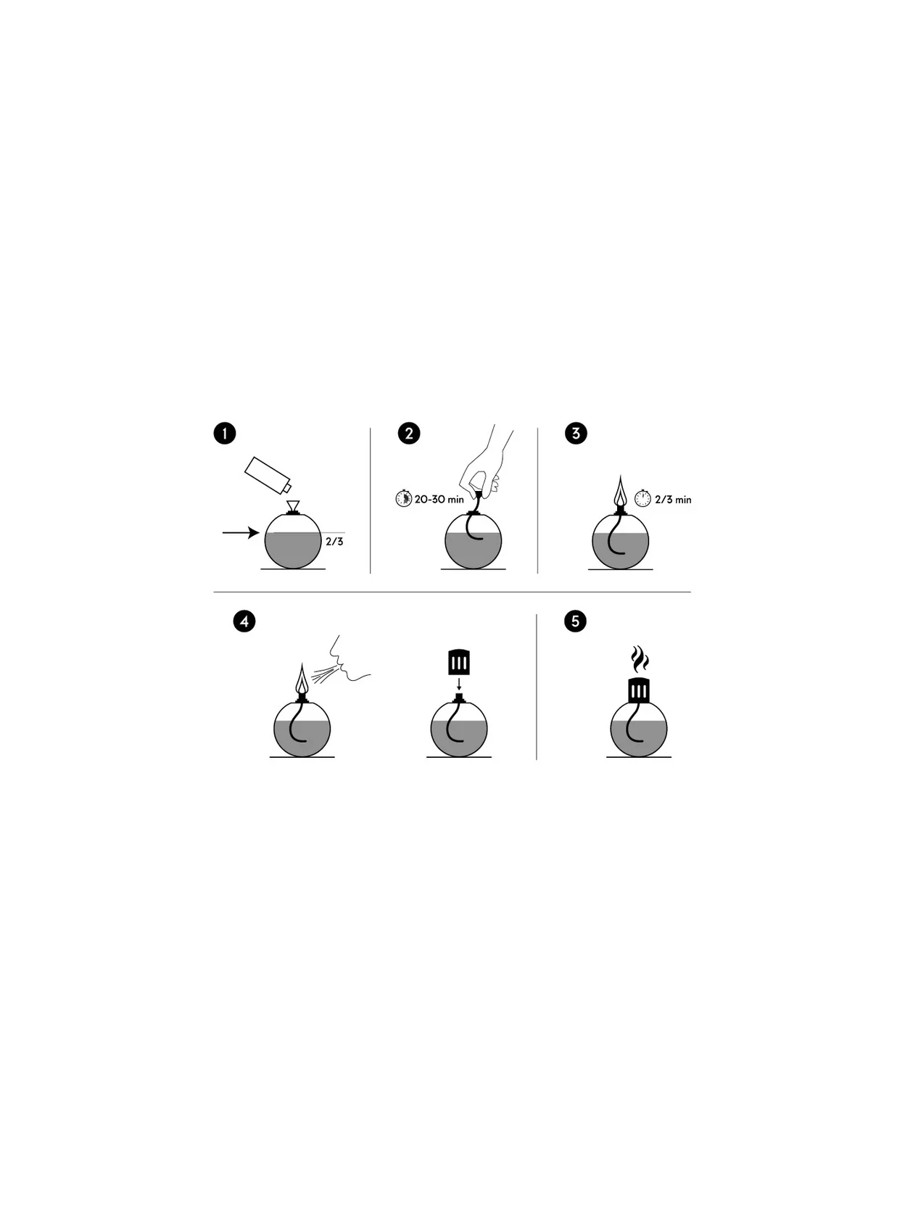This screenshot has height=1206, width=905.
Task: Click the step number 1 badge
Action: [x=225, y=433]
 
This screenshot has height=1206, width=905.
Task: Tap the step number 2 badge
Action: [x=409, y=433]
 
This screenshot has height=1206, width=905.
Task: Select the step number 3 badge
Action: [x=576, y=433]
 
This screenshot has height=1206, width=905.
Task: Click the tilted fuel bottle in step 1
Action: [x=268, y=475]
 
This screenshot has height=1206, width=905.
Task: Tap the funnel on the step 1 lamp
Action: [x=293, y=506]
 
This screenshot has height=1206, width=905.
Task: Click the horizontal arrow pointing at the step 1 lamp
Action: [x=241, y=532]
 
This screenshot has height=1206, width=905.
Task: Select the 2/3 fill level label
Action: [x=334, y=541]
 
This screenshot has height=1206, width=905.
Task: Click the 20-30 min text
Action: [x=439, y=500]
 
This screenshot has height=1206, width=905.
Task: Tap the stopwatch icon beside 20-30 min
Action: [x=404, y=498]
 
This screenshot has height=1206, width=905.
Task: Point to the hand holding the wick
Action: [x=487, y=461]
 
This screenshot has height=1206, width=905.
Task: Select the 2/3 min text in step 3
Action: [x=673, y=500]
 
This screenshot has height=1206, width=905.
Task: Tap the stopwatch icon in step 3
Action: [x=642, y=498]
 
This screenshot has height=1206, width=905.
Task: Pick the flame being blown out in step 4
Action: [x=302, y=679]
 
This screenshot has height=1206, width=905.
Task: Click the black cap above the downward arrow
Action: [x=459, y=662]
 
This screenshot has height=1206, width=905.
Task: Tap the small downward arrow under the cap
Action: [x=459, y=684]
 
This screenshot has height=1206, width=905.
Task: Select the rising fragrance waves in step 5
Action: [x=639, y=658]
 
